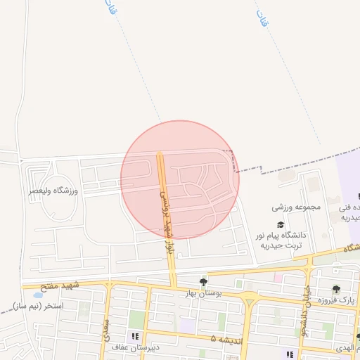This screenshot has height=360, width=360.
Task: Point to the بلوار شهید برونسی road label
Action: [x=167, y=212]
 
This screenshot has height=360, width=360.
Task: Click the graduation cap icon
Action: [x=281, y=224]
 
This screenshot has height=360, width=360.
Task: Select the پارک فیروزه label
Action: [x=336, y=300]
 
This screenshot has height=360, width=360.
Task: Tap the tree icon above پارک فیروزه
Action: [x=336, y=289]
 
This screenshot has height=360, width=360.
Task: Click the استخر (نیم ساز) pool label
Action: [x=38, y=307]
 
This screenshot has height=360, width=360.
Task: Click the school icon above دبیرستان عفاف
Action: [x=136, y=336]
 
